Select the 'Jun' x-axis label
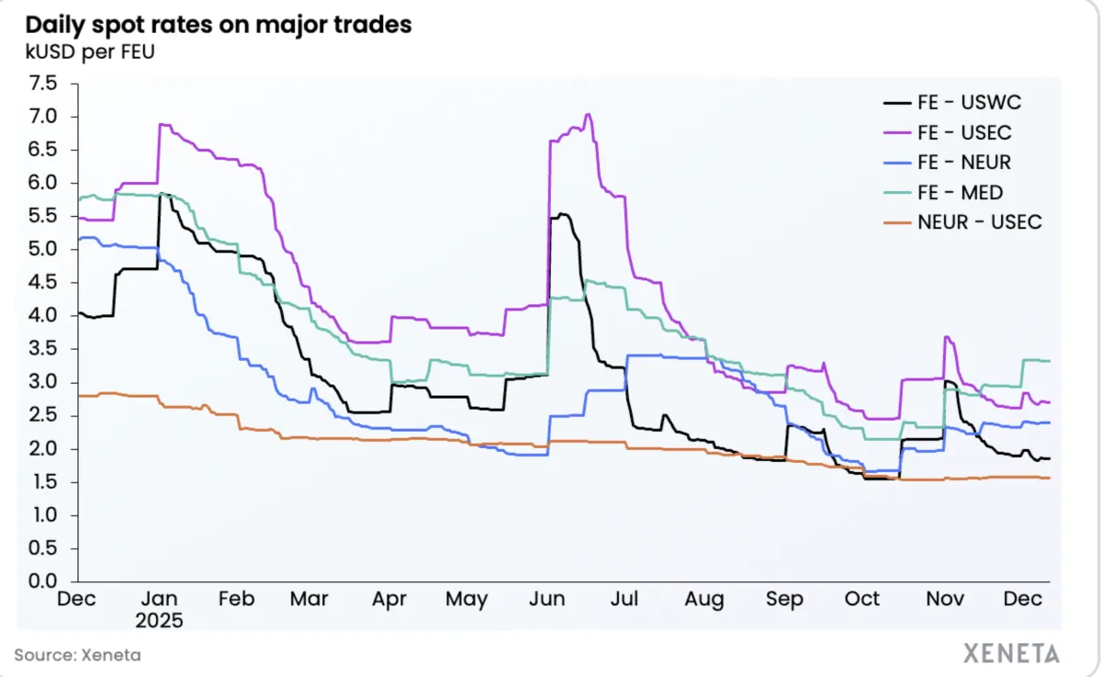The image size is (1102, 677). pos(547,599)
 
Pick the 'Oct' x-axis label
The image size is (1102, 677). pos(862,599)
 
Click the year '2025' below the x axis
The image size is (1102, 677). pos(160,620)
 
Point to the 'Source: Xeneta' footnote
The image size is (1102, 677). pos(78,655)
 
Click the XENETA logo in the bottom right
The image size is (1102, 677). pos(1010,654)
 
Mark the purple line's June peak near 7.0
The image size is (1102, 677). pos(588,115)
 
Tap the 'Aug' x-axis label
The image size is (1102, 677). pos(703,599)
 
